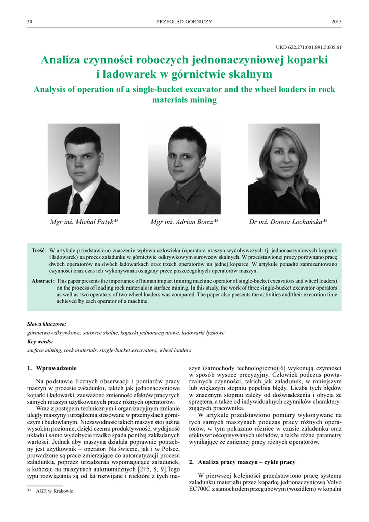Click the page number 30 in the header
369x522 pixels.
30,21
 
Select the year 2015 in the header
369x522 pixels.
336,21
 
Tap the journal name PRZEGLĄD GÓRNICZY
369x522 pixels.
184,21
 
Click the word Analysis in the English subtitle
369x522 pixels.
54,89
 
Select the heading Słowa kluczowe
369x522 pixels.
46,323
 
